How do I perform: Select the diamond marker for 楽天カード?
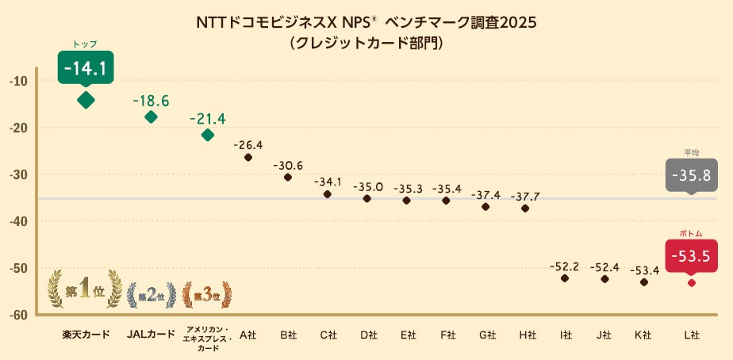click(x=86, y=100)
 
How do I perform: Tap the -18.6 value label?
click(x=151, y=101)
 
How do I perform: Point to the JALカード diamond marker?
click(x=151, y=117)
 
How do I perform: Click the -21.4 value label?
click(x=208, y=119)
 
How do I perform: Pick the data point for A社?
click(x=248, y=157)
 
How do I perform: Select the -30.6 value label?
click(x=288, y=165)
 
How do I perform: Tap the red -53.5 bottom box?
click(x=691, y=256)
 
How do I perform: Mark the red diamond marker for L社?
click(x=691, y=283)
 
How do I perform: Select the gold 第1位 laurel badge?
click(x=86, y=290)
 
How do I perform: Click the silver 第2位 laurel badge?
click(x=151, y=295)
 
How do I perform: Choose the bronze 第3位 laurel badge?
click(x=208, y=295)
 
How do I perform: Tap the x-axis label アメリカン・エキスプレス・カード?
click(x=208, y=338)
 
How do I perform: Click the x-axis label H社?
click(x=525, y=335)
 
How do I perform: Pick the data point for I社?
click(x=565, y=278)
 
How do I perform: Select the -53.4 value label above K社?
click(x=644, y=270)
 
